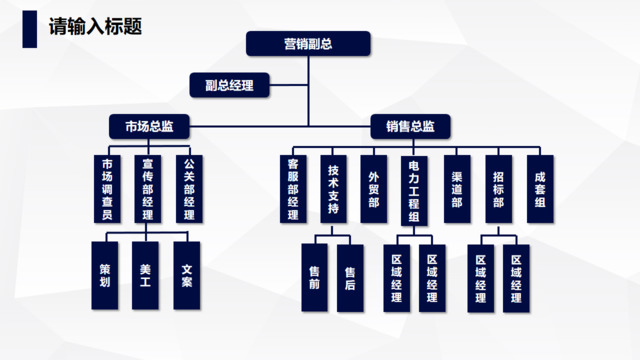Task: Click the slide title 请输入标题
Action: (x=95, y=26)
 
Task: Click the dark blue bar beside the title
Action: (x=31, y=26)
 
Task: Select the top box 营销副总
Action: (x=308, y=43)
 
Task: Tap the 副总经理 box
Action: (x=229, y=85)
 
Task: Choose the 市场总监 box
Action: (x=149, y=127)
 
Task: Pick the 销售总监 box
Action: (x=410, y=127)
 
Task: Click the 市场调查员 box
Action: (x=107, y=187)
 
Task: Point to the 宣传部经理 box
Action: (x=147, y=187)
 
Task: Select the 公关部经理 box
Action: (x=188, y=187)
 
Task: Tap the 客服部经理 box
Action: (x=293, y=187)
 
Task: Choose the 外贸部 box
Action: (x=373, y=187)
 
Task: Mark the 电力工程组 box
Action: (x=414, y=187)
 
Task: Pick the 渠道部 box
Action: (x=456, y=187)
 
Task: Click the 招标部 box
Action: (x=498, y=187)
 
